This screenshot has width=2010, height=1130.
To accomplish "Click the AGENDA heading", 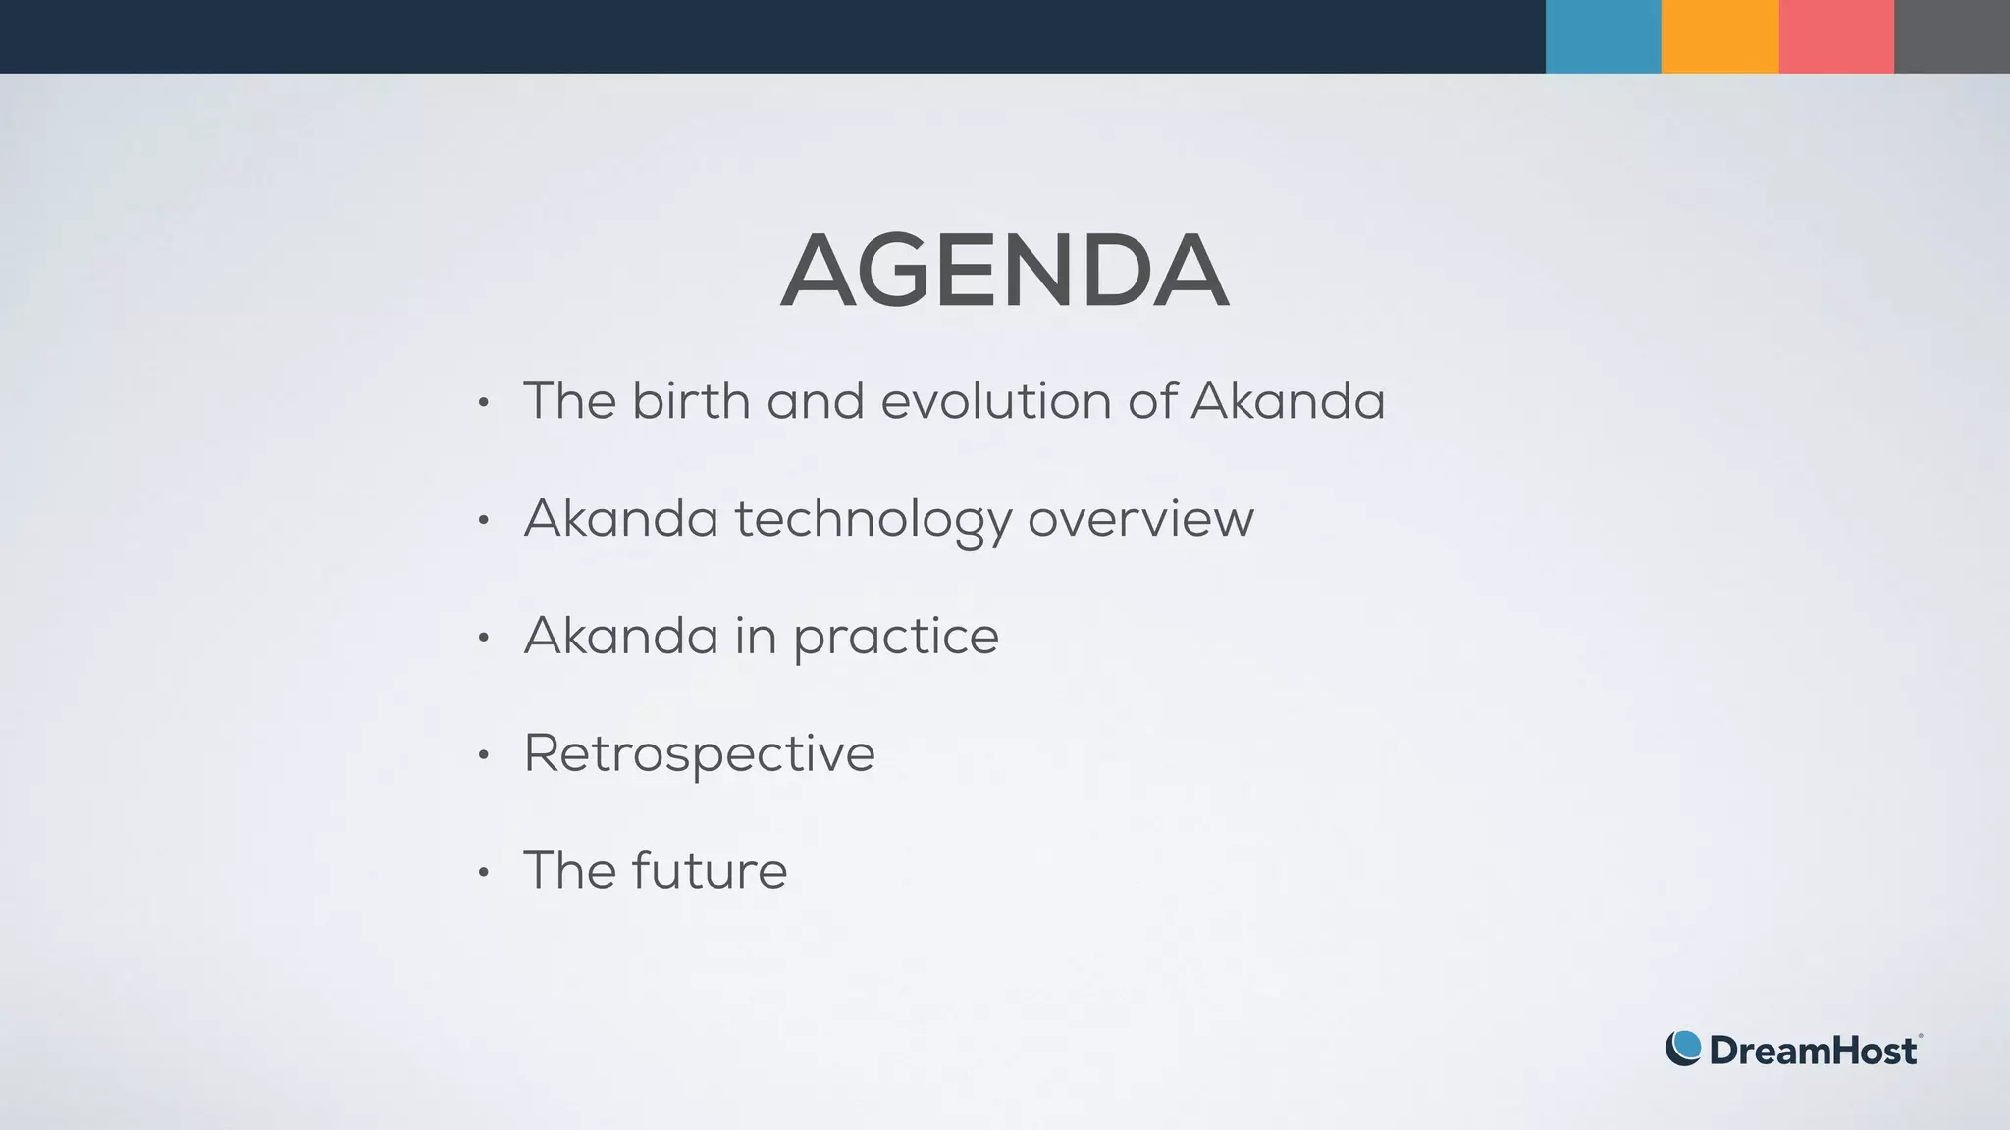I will coord(1004,272).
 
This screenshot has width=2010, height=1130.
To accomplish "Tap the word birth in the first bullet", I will coord(690,401).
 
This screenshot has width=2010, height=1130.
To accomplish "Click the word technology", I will coord(873,520).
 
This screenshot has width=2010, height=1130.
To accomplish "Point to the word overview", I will coord(1140,519).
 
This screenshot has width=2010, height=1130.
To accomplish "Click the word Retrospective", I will coord(699,754).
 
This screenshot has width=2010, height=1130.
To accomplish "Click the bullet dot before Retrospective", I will coord(483,755).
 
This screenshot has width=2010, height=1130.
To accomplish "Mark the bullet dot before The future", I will coord(483,872).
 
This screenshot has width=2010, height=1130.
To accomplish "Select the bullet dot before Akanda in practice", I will coord(483,638).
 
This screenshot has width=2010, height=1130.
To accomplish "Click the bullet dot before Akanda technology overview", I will coord(483,520).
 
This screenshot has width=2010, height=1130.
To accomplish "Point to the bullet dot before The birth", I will coord(483,402).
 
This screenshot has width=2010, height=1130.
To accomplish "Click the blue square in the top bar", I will coord(1603,36).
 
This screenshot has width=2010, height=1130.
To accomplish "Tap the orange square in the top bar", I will coord(1719,36).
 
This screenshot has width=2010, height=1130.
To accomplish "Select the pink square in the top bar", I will coord(1836,36).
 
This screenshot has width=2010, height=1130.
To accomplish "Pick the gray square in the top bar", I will coord(1952,36).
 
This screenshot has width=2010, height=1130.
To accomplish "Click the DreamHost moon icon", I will coord(1683,1049).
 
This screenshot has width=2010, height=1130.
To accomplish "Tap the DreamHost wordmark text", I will coord(1813,1051).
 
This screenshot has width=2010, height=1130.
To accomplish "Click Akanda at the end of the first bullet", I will coord(1288,401).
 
